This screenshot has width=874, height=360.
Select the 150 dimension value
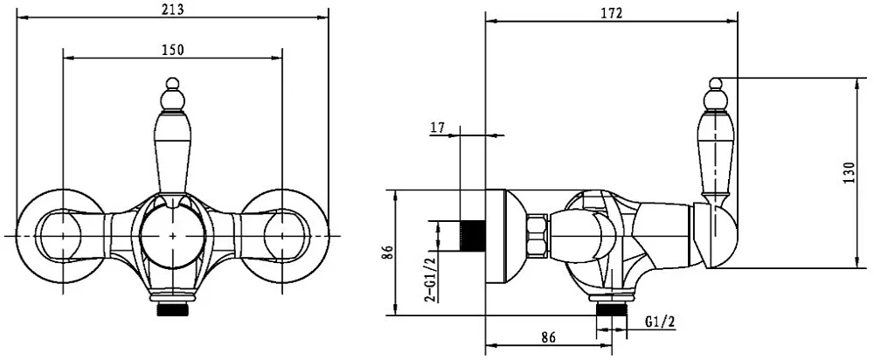pos(173,50)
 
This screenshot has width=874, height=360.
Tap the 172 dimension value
pos(612,14)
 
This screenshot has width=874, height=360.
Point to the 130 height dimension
pos(848,173)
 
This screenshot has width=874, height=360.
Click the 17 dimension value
pos(438,128)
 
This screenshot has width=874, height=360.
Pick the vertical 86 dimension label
pos(389,253)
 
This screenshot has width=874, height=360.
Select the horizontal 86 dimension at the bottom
pos(549,337)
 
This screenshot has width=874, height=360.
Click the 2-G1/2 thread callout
pos(430,280)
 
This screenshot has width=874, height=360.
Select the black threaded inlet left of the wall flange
pos(472,234)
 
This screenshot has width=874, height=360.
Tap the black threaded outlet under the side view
pos(612,309)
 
